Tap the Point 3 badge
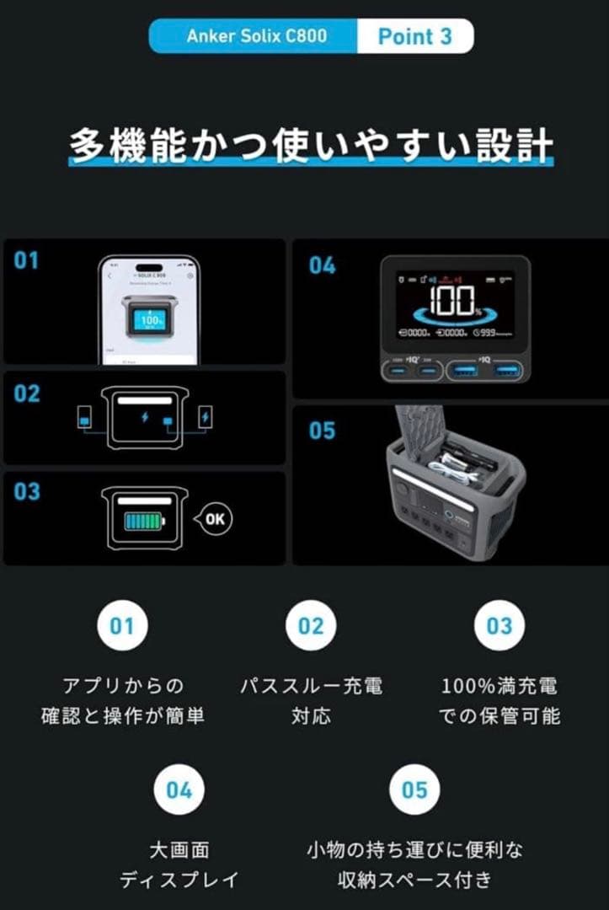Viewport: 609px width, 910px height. coord(414,36)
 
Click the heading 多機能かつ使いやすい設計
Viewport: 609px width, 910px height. coord(311,146)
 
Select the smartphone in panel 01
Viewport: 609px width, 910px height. coord(149,310)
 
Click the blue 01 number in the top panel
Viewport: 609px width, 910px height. coord(26,260)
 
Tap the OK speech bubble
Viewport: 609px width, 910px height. coord(214,519)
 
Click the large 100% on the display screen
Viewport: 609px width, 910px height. coord(452,299)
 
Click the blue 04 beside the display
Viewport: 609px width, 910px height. coord(322,265)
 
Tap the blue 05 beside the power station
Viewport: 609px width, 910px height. coord(322,431)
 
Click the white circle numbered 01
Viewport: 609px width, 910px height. coord(122,626)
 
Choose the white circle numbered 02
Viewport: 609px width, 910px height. coord(311,626)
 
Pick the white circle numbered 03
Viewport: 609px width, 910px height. coord(499,626)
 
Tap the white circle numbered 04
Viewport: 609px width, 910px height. coord(179,790)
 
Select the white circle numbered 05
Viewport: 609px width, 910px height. coord(414,790)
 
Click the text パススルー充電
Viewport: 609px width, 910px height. coord(311,685)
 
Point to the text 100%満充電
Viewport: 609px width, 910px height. coord(499,685)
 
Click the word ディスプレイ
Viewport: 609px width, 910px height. coord(179,881)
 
